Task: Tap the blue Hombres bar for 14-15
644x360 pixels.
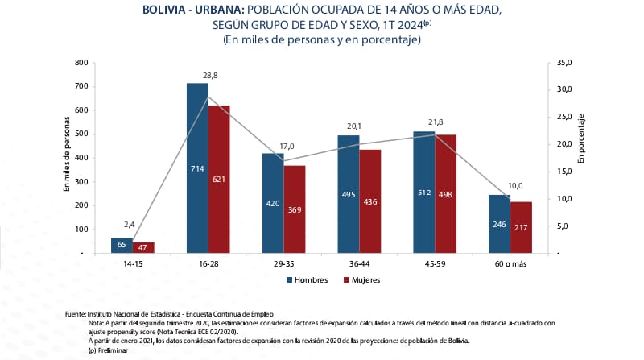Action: [x=122, y=245]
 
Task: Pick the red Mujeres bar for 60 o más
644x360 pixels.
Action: [x=521, y=227]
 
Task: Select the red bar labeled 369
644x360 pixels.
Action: [x=295, y=209]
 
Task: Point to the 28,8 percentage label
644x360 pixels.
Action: [x=210, y=74]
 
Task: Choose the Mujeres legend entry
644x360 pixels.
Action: [x=361, y=280]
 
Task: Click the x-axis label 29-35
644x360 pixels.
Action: [x=283, y=263]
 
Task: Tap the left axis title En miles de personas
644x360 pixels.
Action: [x=68, y=159]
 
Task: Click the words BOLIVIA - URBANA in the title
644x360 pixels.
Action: [x=192, y=10]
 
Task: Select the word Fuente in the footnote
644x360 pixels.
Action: [x=76, y=313]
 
